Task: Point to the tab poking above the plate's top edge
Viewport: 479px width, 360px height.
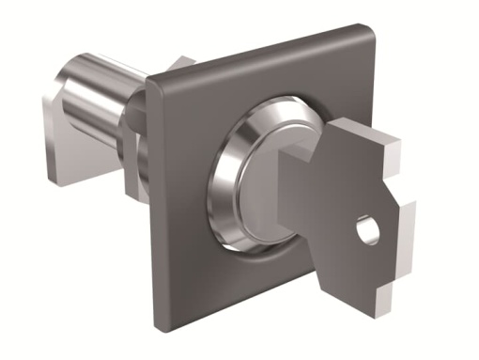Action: point(179,64)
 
